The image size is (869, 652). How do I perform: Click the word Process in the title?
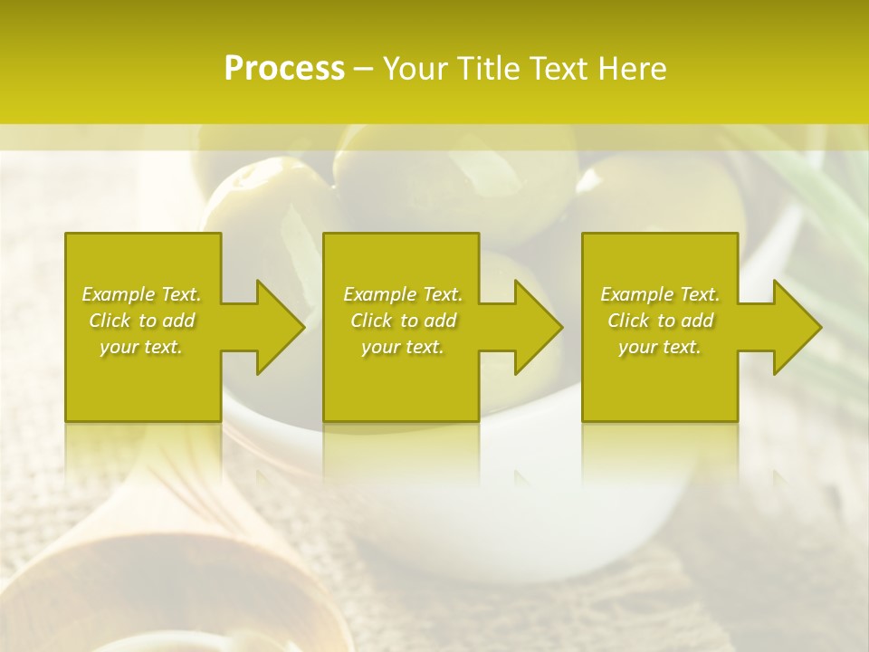pyautogui.click(x=284, y=69)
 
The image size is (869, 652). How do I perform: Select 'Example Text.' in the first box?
pyautogui.click(x=141, y=294)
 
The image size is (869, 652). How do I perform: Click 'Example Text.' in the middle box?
pyautogui.click(x=403, y=294)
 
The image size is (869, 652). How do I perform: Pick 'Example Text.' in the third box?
pyautogui.click(x=660, y=294)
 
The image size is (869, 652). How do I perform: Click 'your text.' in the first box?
pyautogui.click(x=141, y=347)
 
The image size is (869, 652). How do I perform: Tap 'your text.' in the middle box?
pyautogui.click(x=403, y=347)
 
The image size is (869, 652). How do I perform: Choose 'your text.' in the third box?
pyautogui.click(x=660, y=347)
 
